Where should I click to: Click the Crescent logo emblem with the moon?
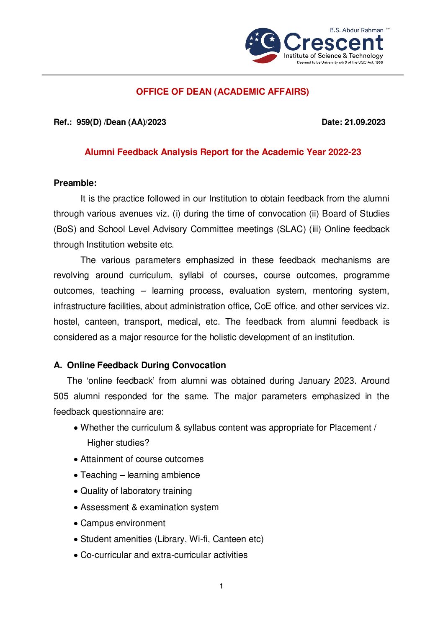coord(263,45)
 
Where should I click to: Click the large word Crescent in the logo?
coord(333,42)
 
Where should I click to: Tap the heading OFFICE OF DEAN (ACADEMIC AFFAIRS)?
coord(222,92)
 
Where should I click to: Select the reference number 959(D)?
coord(89,122)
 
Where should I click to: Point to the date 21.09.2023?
coord(365,122)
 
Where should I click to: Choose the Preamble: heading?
coord(75,183)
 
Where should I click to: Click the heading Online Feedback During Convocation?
coord(147,365)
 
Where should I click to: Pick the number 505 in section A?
coord(61,396)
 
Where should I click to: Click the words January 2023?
coord(326,381)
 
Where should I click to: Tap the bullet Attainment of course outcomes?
coord(142,459)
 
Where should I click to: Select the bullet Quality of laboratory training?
coord(136,491)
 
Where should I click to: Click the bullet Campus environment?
coord(123,523)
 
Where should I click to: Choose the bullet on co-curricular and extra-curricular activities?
coord(164,555)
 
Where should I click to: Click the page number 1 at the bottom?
coord(221,586)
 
